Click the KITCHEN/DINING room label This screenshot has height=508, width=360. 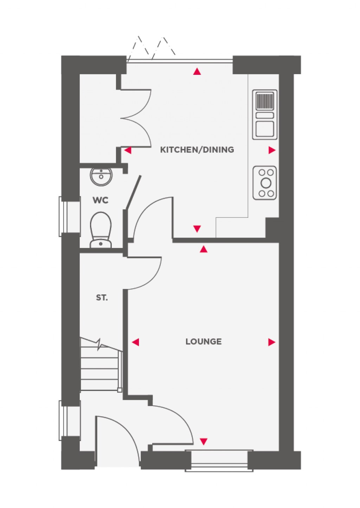197,150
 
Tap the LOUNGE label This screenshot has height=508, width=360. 204,341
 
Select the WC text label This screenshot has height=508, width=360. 101,201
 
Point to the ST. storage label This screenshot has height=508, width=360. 102,298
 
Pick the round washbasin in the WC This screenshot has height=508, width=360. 101,176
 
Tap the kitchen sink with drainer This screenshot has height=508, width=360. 265,115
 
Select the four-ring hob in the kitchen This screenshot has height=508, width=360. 265,183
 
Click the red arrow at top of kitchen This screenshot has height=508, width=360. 197,72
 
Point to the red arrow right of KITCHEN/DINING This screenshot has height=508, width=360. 272,150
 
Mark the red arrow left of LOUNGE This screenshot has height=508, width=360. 135,342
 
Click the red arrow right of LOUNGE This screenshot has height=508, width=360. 271,342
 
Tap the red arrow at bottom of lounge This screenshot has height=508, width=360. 204,441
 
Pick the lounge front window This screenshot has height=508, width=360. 219,460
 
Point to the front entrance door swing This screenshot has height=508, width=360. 116,439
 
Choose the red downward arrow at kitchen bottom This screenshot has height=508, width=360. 197,229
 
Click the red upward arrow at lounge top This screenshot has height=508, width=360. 204,249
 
